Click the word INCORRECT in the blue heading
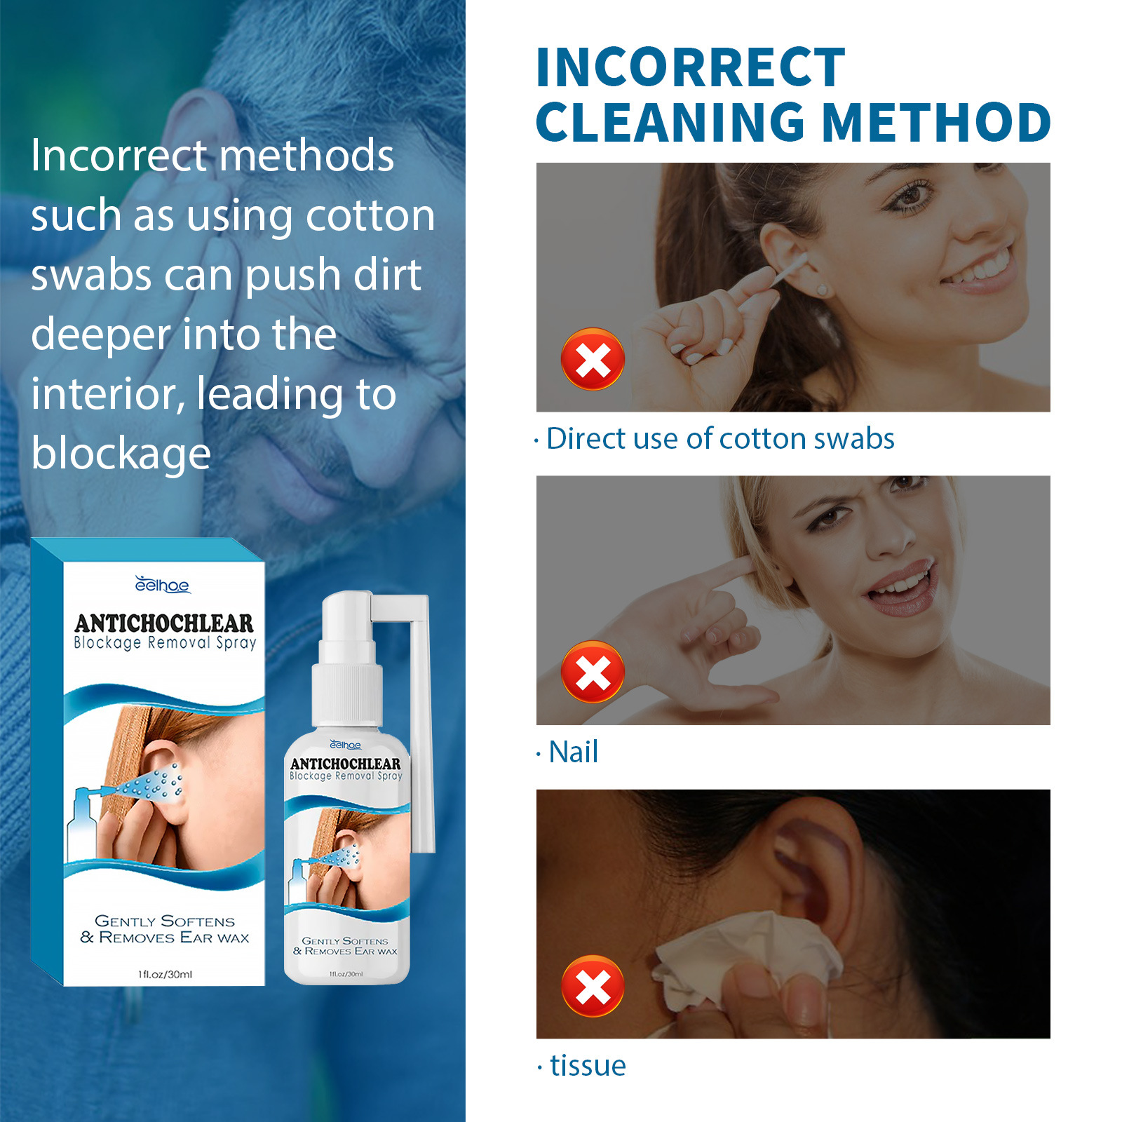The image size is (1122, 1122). pyautogui.click(x=690, y=67)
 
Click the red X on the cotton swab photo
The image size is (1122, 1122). pyautogui.click(x=593, y=359)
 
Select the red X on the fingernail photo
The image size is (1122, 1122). pyautogui.click(x=593, y=672)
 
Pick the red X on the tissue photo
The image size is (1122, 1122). pyautogui.click(x=593, y=986)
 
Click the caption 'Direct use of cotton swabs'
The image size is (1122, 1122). pyautogui.click(x=720, y=439)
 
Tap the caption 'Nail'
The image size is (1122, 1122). pyautogui.click(x=574, y=752)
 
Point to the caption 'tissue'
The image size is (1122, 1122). pyautogui.click(x=588, y=1065)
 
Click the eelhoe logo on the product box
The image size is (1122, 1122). pyautogui.click(x=162, y=585)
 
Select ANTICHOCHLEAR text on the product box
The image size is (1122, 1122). pyautogui.click(x=164, y=623)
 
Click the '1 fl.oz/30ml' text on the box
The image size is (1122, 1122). pyautogui.click(x=165, y=974)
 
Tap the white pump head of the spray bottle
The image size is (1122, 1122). pyautogui.click(x=347, y=617)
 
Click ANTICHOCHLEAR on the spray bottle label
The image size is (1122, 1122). pyautogui.click(x=346, y=763)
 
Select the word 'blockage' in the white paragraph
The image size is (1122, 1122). pyautogui.click(x=121, y=454)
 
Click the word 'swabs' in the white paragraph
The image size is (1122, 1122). pyautogui.click(x=91, y=275)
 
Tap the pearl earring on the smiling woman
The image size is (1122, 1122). pyautogui.click(x=822, y=290)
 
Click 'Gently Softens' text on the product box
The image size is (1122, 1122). pyautogui.click(x=165, y=921)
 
